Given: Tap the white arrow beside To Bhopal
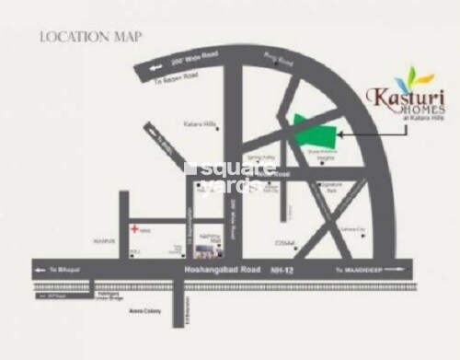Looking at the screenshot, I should tap(40, 269).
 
